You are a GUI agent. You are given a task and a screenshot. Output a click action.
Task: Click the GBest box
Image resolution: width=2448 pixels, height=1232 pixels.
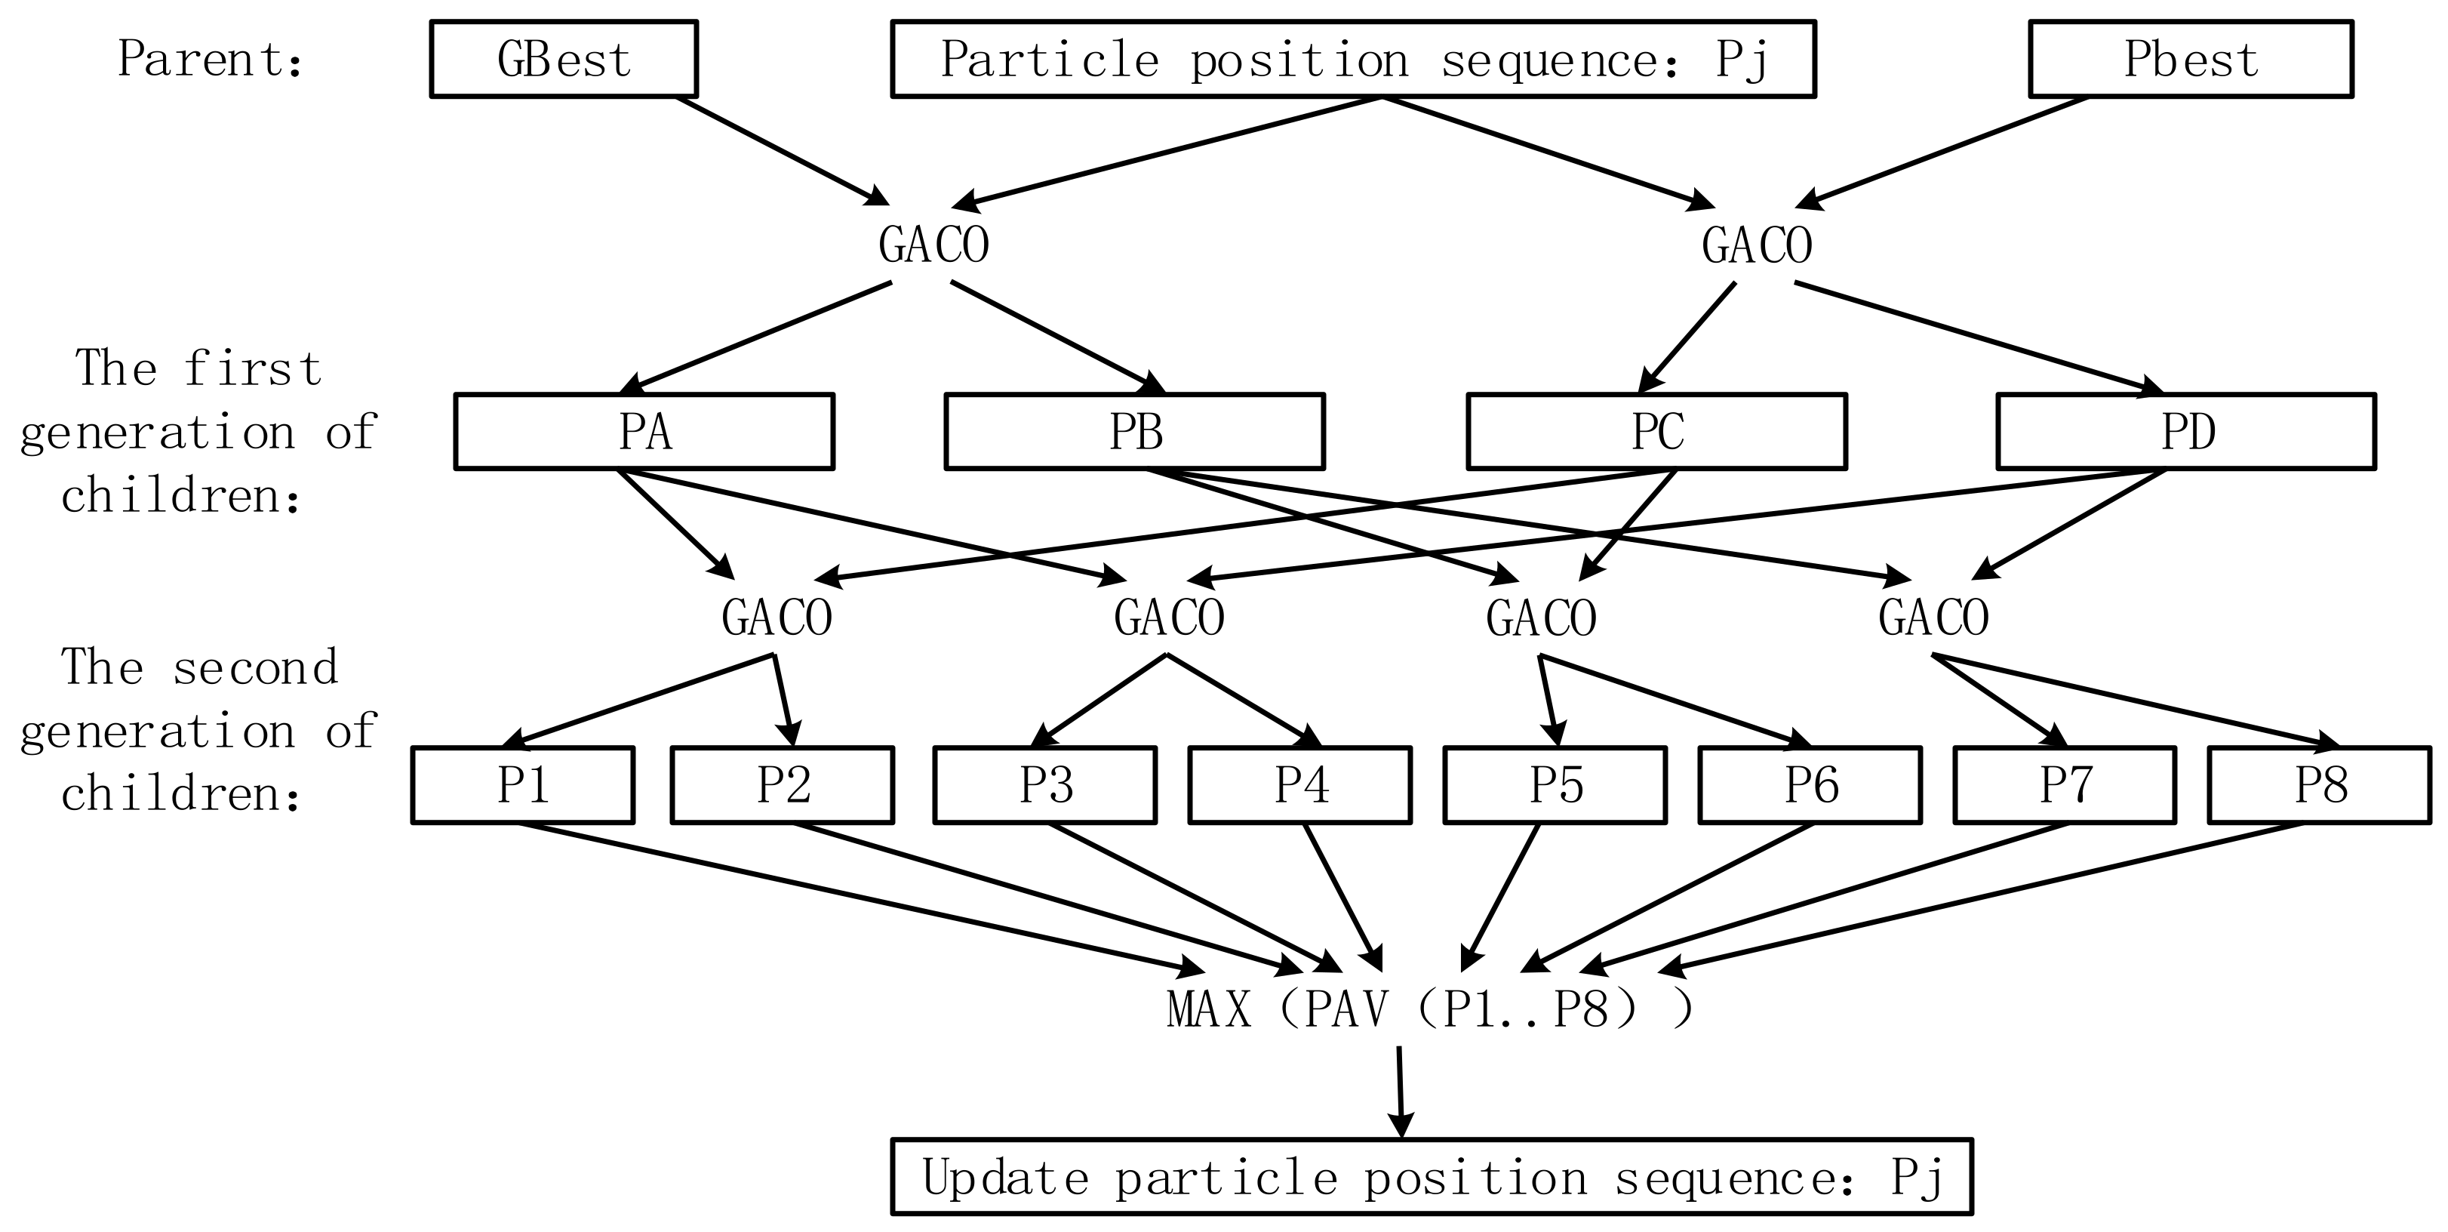point(564,59)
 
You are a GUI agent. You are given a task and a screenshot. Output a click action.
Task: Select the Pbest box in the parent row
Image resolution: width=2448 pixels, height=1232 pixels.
point(2191,59)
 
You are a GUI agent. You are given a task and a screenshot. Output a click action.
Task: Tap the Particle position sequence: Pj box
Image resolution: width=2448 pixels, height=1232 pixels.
point(1353,59)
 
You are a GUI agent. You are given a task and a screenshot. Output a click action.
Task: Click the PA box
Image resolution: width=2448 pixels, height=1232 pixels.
point(644,432)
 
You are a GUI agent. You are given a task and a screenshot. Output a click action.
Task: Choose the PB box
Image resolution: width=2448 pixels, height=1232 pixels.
point(1135,432)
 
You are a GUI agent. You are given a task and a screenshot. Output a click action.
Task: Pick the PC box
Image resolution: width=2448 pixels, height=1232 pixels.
point(1656,432)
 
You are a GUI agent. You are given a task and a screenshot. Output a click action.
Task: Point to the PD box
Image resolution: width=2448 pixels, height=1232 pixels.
point(2185,432)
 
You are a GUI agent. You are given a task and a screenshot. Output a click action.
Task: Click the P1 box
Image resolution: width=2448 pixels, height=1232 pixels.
point(523,785)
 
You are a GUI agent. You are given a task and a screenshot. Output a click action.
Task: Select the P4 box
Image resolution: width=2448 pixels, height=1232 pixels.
point(1300,785)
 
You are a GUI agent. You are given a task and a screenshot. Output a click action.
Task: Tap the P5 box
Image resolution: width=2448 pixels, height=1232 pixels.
point(1555,785)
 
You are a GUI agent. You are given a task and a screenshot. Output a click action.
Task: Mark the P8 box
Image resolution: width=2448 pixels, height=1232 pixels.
point(2319,785)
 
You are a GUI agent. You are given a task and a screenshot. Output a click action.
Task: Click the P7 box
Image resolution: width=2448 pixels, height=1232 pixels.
point(2064,785)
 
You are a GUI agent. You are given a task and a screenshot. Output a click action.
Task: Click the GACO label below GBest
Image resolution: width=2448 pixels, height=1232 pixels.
point(933,245)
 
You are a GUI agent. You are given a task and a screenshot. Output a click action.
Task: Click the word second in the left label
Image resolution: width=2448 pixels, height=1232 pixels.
point(254,667)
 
